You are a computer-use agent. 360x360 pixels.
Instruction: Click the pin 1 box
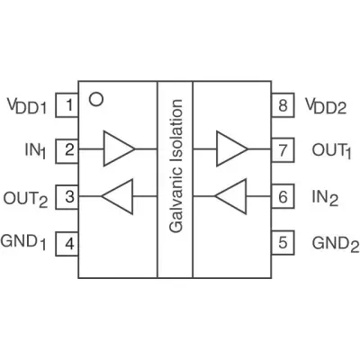coord(67,105)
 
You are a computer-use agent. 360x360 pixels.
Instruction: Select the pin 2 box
coord(67,151)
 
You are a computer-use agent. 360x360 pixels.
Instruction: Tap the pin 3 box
coord(67,197)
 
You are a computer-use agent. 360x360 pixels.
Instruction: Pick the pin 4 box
coord(67,244)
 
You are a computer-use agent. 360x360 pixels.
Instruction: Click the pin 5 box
coord(283,243)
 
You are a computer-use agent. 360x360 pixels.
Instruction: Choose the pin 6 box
coord(283,196)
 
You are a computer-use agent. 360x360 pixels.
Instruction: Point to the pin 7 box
coord(283,150)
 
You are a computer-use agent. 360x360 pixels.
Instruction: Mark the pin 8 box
coord(283,105)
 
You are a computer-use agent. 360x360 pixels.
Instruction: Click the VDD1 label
coord(27,106)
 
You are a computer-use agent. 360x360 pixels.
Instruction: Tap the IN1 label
coord(35,151)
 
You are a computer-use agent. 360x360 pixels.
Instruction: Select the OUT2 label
coord(25,199)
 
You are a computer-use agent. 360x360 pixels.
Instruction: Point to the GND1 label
coord(23,242)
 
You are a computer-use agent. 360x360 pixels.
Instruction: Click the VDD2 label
coord(326,106)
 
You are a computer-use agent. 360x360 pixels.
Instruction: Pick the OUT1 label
coord(331,151)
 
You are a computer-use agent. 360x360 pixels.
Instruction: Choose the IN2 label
coord(325,198)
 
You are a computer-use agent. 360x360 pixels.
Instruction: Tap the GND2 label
coord(336,244)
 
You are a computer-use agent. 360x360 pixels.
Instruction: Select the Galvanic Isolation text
coord(175,166)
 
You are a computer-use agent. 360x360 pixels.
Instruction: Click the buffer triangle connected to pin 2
coord(119,148)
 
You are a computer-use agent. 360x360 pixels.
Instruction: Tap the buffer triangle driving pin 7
coord(232,148)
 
